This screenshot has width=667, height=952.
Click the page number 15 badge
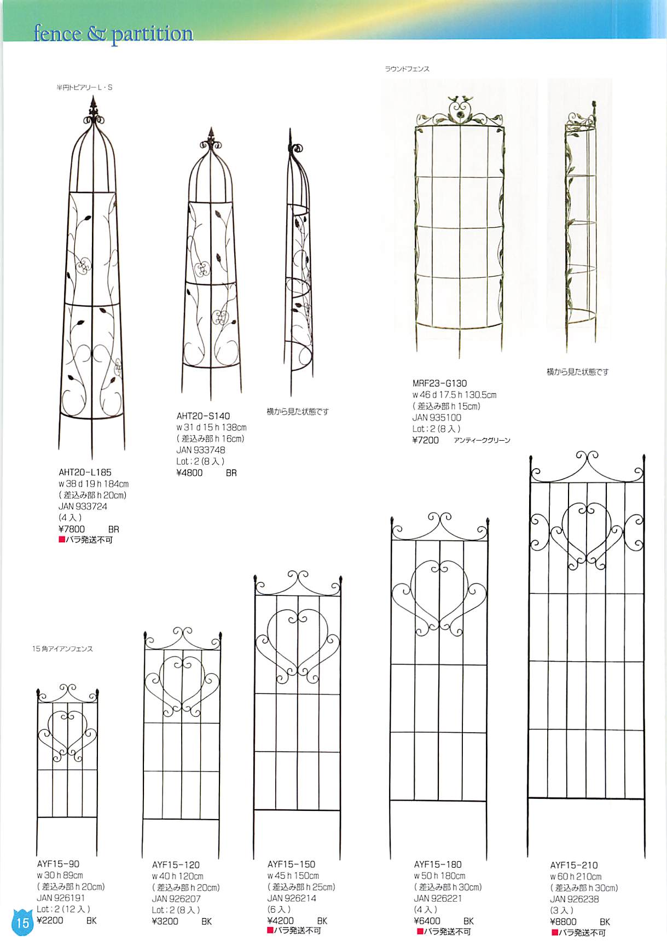pos(22,923)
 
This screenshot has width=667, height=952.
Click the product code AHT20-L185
pos(85,472)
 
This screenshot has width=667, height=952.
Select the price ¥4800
pos(189,472)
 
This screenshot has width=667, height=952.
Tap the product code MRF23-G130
pos(439,383)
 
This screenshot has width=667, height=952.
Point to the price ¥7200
pos(425,440)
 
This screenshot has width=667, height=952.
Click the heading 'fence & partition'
pos(113,34)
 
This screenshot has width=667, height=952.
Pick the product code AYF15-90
pos(58,864)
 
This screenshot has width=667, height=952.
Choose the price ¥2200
pos(50,920)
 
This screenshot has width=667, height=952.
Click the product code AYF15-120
pos(176,865)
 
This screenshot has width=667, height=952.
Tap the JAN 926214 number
pos(292,898)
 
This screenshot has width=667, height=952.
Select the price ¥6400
pos(427,921)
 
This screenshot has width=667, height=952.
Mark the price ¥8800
pos(563,921)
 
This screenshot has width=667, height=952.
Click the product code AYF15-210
pos(574,865)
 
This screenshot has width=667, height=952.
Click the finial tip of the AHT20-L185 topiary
pos(93,100)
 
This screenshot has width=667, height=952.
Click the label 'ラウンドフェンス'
pos(407,69)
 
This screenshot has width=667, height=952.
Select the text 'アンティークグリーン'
pos(482,440)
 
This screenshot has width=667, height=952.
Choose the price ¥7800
pos(72,529)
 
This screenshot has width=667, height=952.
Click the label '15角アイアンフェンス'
pos(62,649)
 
